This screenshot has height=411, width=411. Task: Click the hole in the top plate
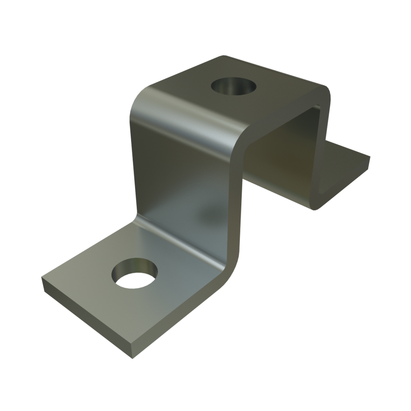[x=234, y=86]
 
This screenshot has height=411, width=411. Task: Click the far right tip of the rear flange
[x=369, y=155]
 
